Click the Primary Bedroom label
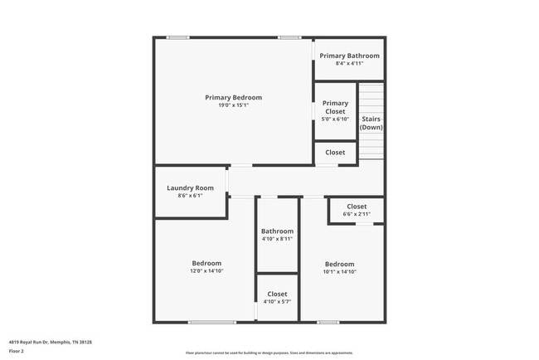tap(233, 97)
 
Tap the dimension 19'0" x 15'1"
tap(233, 105)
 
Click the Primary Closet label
tap(335, 107)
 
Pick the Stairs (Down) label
tap(371, 123)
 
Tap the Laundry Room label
tap(190, 187)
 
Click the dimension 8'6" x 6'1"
tap(190, 196)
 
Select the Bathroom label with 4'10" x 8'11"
tap(277, 231)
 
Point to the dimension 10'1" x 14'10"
tap(339, 271)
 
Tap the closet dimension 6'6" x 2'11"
tap(357, 214)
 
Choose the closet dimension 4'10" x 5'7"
tap(277, 302)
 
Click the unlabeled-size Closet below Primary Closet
tap(335, 153)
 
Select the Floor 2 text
tap(17, 351)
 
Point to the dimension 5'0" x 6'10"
tap(335, 119)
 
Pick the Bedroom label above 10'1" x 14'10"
tap(339, 264)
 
